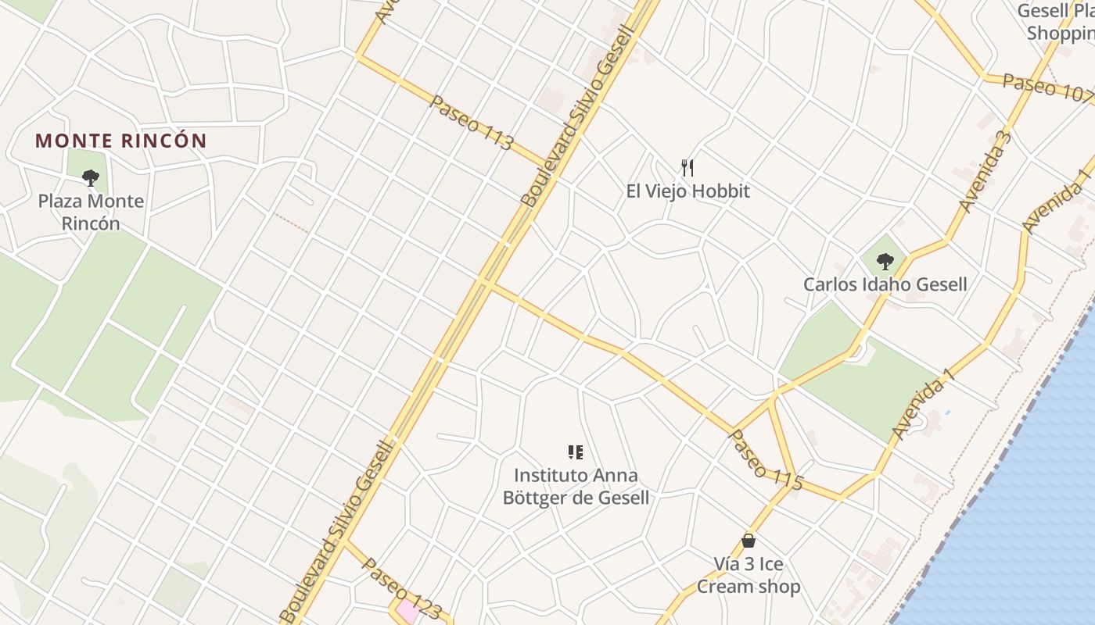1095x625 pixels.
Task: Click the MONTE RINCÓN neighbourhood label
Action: [121, 141]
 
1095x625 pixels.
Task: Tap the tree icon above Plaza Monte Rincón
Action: [91, 178]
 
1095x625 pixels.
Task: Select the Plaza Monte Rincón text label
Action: [91, 212]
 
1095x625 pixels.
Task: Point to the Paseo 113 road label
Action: [472, 123]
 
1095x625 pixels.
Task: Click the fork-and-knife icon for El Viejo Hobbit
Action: [688, 167]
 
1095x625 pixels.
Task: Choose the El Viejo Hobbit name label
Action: [688, 191]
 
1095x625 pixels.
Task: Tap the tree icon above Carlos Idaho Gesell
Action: [885, 261]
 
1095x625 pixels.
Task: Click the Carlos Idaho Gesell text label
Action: [885, 284]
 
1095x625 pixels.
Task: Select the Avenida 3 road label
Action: [985, 173]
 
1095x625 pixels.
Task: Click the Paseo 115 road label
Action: [766, 460]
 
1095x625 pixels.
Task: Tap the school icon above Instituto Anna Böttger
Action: [576, 452]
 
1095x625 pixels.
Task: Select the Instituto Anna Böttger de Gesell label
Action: [576, 486]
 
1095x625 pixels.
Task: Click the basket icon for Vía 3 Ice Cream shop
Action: [749, 541]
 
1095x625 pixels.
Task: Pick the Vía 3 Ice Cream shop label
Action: [749, 575]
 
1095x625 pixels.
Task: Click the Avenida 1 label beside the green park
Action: [924, 404]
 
